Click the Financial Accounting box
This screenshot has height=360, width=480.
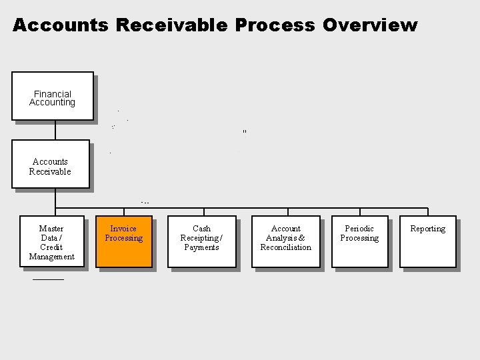53,96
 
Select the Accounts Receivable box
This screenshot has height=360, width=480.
50,164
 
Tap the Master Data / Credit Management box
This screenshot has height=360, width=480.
51,241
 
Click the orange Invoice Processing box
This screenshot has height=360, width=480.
123,241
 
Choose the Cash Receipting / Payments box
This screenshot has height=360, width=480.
201,241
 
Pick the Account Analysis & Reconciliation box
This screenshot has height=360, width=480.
285,241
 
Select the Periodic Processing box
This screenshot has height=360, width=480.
359,241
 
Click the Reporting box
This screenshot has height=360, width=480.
427,241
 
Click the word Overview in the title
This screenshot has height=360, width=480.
370,25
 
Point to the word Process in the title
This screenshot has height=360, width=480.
275,25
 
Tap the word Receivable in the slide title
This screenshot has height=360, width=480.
172,25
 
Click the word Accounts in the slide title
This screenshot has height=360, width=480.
61,25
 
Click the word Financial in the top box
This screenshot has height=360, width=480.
53,94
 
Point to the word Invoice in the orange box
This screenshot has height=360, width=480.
123,229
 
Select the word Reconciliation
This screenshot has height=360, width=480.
285,247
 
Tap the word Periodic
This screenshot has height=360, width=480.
359,229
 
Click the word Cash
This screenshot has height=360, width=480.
201,229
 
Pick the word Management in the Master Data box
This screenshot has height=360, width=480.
51,257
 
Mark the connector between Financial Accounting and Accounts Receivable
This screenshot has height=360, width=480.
55,130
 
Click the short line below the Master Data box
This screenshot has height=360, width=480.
48,279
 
